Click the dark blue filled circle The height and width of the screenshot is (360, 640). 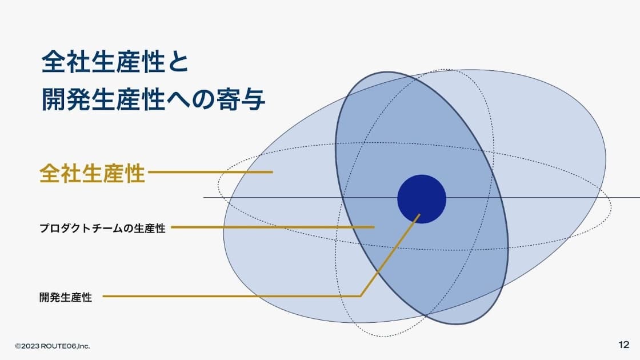pos(422,199)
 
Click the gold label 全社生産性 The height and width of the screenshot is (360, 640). pos(92,174)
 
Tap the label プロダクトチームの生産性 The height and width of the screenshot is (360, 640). pos(102,228)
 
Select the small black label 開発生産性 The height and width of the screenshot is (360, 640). pos(66,297)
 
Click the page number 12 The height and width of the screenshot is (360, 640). pos(623,345)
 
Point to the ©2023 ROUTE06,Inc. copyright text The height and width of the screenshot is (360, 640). pos(53,346)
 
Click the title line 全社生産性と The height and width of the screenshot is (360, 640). pos(115,62)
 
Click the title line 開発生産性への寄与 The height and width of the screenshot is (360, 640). pos(154,99)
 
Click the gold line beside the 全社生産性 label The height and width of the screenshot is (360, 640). pos(211,172)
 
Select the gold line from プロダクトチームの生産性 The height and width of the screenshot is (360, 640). pos(273,227)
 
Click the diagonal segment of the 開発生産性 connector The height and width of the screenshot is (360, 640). pos(390,255)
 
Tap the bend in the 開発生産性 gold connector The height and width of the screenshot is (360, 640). pos(360,296)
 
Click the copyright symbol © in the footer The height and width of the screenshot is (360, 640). pos(18,346)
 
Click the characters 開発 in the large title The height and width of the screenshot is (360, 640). pos(66,99)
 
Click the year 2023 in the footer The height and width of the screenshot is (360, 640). pos(30,346)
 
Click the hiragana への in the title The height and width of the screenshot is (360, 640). pos(191,99)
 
